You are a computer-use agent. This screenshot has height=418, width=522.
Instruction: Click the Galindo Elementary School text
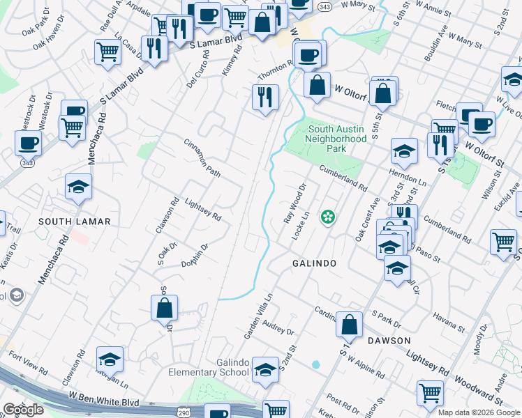[209, 367]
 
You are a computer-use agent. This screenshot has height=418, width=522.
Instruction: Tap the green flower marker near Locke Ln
[327, 217]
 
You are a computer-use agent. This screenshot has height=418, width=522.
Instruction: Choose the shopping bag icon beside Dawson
[350, 323]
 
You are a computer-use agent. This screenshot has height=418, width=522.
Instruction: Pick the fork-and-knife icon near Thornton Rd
[265, 97]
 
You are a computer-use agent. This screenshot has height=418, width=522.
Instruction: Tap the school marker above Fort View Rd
[110, 359]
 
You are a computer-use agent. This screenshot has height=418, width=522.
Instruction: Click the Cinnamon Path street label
[202, 158]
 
